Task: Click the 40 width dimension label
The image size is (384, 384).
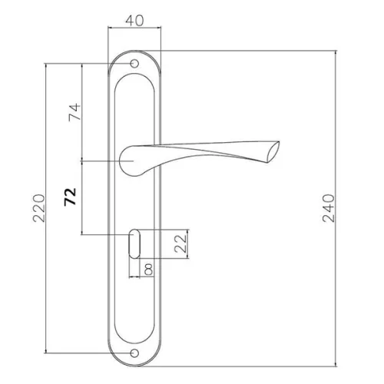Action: (134, 21)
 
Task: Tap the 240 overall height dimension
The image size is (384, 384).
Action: (329, 208)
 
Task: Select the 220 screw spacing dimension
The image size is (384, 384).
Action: (39, 208)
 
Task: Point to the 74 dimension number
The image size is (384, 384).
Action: (74, 112)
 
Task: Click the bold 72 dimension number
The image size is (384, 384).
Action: (70, 197)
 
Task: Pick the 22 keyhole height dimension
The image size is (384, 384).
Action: (180, 243)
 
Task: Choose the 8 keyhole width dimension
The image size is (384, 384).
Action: (148, 270)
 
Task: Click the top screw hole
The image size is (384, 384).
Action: (134, 64)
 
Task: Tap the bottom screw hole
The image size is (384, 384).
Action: (134, 353)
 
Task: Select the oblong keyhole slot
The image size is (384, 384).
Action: (134, 244)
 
